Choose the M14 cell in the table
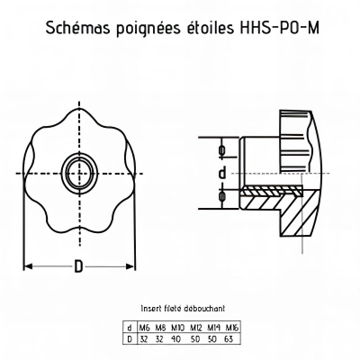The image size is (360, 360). (x=214, y=327)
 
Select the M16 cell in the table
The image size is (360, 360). (x=232, y=327)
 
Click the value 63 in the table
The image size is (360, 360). (x=230, y=338)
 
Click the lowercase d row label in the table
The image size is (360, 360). (x=130, y=327)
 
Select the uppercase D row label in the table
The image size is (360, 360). (x=130, y=338)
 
